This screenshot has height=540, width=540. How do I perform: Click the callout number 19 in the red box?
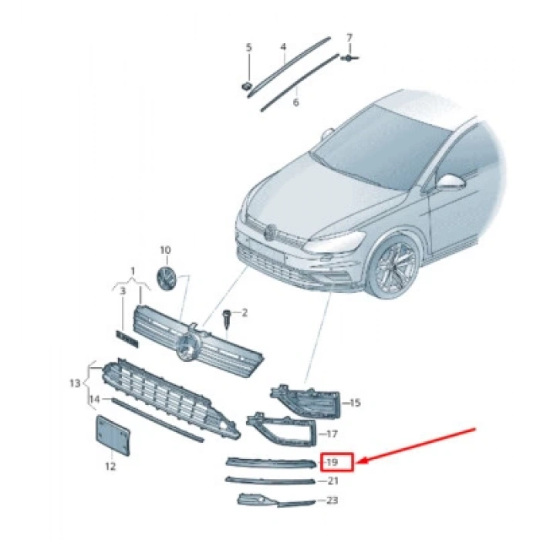pyautogui.click(x=332, y=462)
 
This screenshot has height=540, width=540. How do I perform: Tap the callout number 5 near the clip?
pyautogui.click(x=249, y=48)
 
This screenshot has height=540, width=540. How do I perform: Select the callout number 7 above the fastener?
pyautogui.click(x=349, y=37)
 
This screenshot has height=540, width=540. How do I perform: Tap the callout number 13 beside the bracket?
pyautogui.click(x=75, y=383)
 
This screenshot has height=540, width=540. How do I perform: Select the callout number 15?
pyautogui.click(x=355, y=403)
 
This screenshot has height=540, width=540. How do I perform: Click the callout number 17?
pyautogui.click(x=332, y=434)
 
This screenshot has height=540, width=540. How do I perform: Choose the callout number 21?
pyautogui.click(x=332, y=481)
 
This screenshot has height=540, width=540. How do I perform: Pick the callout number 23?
pyautogui.click(x=332, y=500)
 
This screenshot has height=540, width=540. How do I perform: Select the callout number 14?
pyautogui.click(x=94, y=399)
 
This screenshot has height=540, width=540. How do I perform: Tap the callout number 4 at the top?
pyautogui.click(x=283, y=47)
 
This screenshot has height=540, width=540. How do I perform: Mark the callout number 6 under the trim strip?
pyautogui.click(x=295, y=101)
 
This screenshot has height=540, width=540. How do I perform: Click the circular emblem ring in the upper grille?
pyautogui.click(x=187, y=348)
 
